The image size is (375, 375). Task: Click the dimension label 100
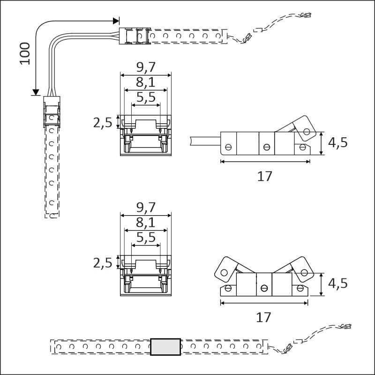(25, 53)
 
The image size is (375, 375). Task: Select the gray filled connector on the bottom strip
(165, 347)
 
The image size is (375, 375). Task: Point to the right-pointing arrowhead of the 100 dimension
(116, 21)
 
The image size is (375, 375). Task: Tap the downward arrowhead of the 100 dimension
(35, 92)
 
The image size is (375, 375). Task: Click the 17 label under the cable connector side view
(265, 176)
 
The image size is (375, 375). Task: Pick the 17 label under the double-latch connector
(264, 317)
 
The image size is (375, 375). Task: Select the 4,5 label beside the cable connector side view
(337, 143)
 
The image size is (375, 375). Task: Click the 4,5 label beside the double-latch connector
(337, 284)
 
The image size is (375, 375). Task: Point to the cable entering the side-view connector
(205, 140)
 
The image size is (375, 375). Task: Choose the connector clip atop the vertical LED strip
(52, 112)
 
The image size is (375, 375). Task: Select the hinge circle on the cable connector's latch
(307, 132)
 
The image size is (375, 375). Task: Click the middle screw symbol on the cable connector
(266, 147)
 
